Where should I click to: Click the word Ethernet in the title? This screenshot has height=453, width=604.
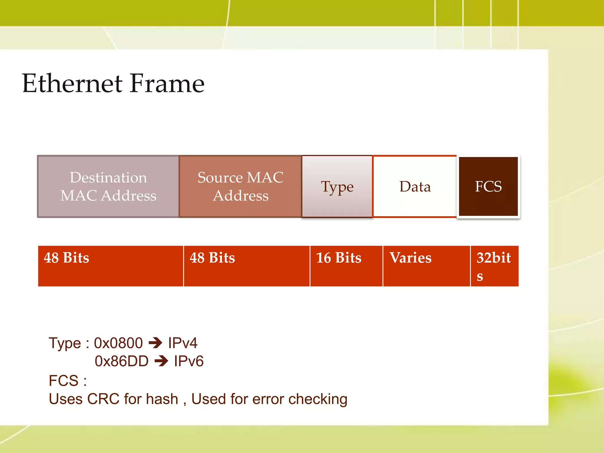point(72,83)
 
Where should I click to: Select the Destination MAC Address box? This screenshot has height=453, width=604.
point(108,186)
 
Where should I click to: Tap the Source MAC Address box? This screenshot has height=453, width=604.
point(240,186)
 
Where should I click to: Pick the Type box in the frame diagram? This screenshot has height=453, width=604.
point(337,186)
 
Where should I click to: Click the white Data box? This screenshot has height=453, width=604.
point(415,186)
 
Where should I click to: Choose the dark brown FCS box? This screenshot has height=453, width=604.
point(488,186)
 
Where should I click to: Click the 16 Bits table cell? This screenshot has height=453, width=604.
point(346,266)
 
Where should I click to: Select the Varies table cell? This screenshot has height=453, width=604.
point(426,266)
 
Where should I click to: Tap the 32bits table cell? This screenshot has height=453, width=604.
point(494,266)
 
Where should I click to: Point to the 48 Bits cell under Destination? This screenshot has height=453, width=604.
point(111,266)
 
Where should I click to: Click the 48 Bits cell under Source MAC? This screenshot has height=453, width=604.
point(246,266)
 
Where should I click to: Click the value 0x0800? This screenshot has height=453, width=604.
point(118,343)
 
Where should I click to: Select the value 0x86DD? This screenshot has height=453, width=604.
point(122,361)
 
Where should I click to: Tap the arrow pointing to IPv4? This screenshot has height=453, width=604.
point(155,343)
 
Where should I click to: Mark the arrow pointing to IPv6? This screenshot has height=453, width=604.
point(161,361)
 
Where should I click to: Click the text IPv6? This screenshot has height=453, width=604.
point(189,361)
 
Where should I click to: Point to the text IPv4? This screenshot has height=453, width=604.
point(183,343)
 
